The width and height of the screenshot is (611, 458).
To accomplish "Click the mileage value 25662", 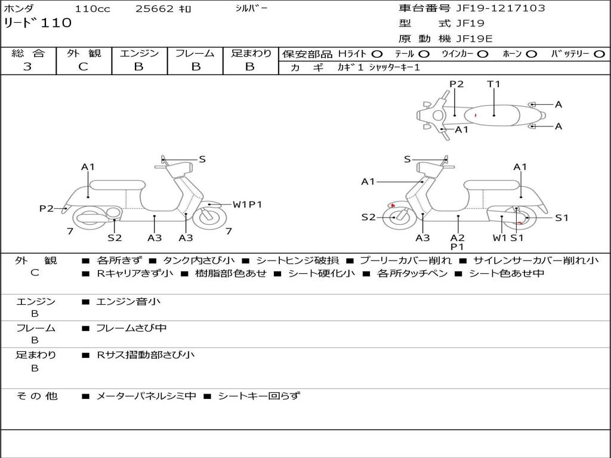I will click(x=155, y=9).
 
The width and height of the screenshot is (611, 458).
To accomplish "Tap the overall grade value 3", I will click(x=27, y=67).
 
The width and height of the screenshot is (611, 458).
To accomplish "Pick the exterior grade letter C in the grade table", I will click(x=83, y=67).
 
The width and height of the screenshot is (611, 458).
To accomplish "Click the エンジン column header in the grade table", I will click(x=139, y=53).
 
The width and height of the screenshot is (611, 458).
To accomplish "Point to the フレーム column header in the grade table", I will click(x=195, y=53).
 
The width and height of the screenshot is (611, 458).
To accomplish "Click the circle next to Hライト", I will click(x=377, y=54).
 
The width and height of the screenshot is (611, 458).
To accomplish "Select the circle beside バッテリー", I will click(x=599, y=54).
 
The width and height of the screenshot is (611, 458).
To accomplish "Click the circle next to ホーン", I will click(x=531, y=54).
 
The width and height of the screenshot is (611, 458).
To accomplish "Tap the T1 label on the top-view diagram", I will click(x=493, y=84).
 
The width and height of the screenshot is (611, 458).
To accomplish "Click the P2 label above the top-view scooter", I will click(x=456, y=84).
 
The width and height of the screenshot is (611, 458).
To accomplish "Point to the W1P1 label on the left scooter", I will click(x=248, y=205).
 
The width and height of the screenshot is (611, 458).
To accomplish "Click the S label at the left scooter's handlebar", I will click(x=202, y=159).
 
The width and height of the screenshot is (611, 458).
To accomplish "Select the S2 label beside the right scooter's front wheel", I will click(x=368, y=217).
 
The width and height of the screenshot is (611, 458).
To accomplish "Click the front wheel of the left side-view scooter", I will click(x=210, y=217).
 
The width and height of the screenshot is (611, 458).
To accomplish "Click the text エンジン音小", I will click(x=128, y=302).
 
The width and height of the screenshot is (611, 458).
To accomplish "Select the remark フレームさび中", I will click(x=131, y=328).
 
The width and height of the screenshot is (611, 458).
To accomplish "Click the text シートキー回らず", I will click(x=258, y=395).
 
